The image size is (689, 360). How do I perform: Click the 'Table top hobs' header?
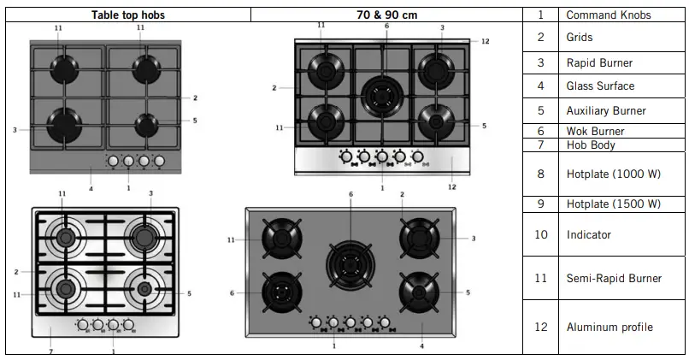coord(127,15)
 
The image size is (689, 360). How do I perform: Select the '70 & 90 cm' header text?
coord(386,15)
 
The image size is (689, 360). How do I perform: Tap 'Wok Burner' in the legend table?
coord(595,131)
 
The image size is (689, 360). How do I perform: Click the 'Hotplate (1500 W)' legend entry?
coord(613,204)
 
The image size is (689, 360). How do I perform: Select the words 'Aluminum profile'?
coord(609,327)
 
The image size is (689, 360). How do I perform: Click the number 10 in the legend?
coord(540,234)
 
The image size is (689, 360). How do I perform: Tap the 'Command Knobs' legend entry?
coord(608,15)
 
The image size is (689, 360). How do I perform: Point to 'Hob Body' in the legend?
coord(590,145)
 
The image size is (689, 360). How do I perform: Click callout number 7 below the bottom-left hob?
coord(50,351)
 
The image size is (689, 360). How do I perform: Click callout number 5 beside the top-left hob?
coord(195,121)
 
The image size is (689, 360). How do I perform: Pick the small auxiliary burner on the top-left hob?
coord(148,125)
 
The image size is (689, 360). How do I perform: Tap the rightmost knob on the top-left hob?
coord(159,160)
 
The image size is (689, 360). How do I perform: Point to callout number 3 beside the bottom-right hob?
coord(473,238)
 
